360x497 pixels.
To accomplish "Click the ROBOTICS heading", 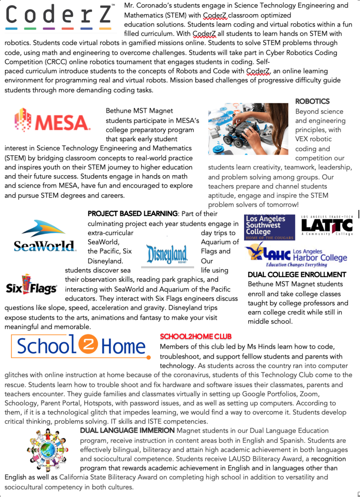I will coord(312,101).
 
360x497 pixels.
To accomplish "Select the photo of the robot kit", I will coord(248,129).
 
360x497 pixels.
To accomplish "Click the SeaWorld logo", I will coord(45,236).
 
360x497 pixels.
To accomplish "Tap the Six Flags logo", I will coord(31,285).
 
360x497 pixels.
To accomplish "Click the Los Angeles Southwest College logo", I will coord(269,227).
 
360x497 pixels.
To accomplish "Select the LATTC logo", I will coord(327,226).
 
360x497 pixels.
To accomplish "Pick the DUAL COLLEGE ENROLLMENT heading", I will coord(297,275).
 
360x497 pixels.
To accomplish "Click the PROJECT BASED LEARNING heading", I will coord(132,214).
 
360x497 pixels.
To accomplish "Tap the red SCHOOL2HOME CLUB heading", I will coord(196,336).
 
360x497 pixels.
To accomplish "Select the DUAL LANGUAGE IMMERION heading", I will coord(127,430).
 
